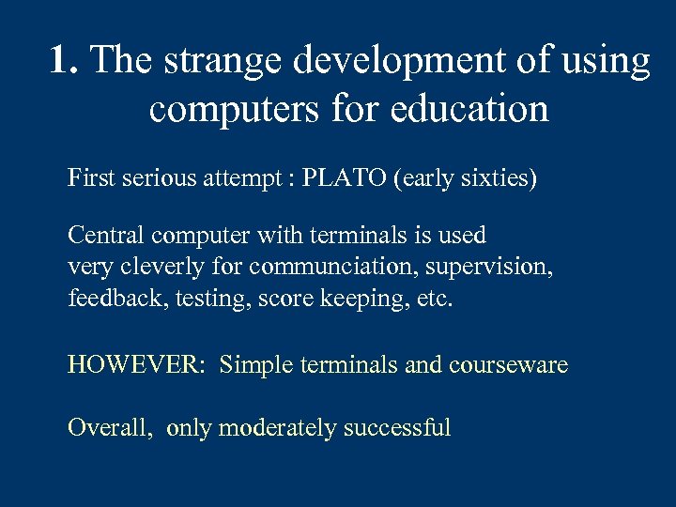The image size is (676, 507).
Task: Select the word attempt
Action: (247, 178)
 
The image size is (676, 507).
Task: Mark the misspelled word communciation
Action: (335, 267)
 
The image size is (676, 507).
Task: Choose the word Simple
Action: (256, 364)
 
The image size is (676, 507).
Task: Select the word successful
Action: (397, 428)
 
